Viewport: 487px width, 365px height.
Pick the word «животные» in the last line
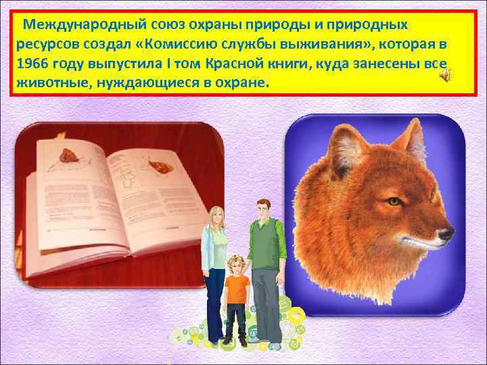(46, 86)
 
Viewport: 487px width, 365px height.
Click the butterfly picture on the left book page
(66, 154)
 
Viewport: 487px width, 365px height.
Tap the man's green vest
(266, 250)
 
